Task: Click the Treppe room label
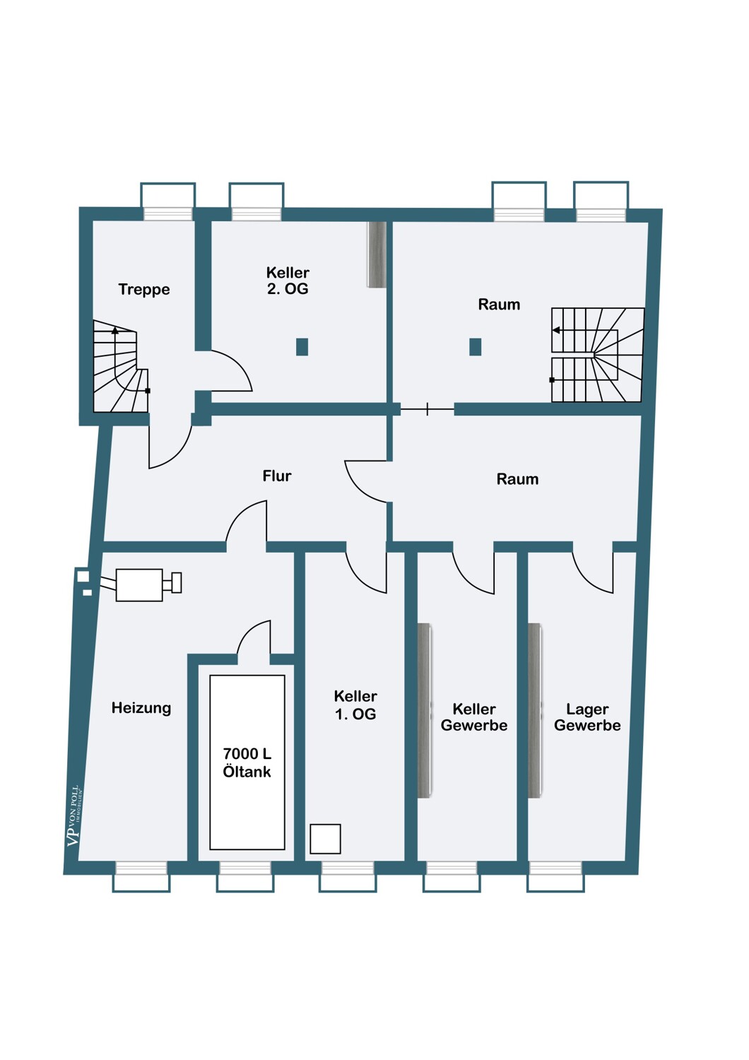144,289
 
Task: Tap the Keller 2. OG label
288,281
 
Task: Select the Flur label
277,476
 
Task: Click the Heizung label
141,708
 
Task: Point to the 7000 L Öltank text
247,762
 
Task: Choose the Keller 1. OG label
355,705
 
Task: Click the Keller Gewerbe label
474,717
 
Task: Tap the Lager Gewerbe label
587,717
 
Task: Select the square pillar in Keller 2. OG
302,347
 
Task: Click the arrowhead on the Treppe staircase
115,330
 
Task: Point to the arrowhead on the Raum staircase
556,330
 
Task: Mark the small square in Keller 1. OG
325,839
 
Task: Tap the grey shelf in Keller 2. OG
377,254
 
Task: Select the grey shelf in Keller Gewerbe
425,711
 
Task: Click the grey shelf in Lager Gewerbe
535,711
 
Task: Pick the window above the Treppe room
168,201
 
